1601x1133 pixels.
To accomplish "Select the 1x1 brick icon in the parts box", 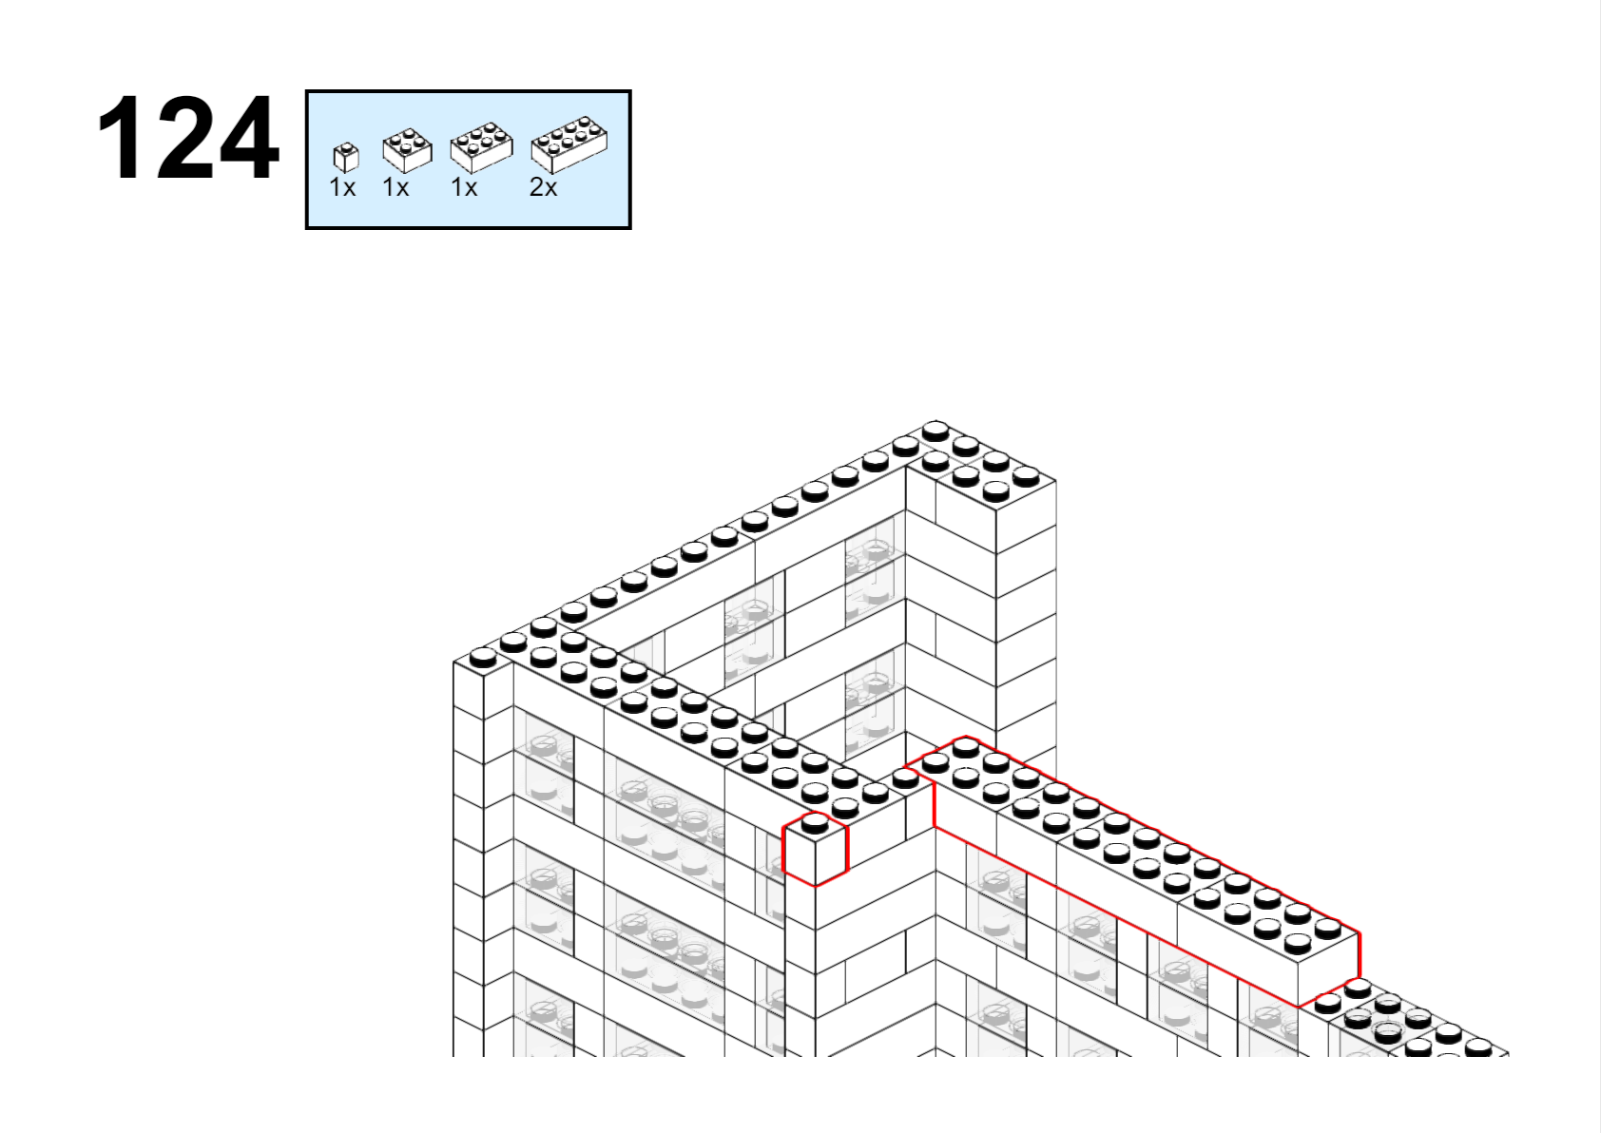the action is (346, 158).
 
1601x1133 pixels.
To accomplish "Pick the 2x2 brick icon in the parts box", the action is (408, 150).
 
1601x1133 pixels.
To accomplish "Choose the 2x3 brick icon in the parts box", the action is (481, 147).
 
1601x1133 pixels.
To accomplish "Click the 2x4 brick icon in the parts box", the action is (569, 145).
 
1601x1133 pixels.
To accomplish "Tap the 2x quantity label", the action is (543, 187).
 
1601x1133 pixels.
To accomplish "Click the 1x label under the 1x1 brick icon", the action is (342, 187).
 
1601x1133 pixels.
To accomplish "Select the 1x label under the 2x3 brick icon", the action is (464, 187).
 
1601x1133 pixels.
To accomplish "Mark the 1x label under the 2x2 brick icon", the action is (395, 187).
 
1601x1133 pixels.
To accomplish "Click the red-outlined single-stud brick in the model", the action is (816, 850).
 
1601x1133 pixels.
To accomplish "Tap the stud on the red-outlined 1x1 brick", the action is (815, 824).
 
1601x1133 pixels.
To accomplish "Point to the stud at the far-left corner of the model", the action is (483, 657).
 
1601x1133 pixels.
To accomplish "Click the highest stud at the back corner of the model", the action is (936, 431).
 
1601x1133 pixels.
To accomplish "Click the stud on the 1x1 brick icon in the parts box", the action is (347, 147).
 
